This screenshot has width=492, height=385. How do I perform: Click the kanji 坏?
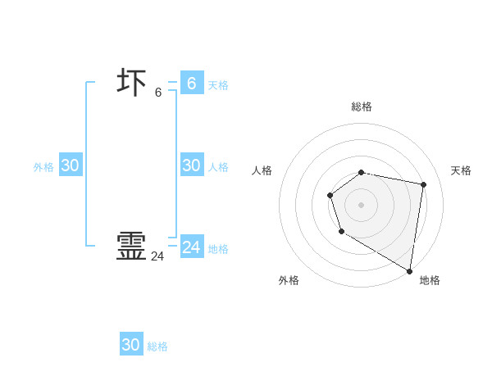(x=131, y=83)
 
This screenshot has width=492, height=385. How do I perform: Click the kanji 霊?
(x=131, y=247)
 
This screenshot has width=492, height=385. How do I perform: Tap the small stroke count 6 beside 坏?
(x=158, y=92)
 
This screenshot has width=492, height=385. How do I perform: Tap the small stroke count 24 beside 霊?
(x=157, y=256)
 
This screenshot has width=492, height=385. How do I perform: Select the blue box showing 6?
(x=192, y=83)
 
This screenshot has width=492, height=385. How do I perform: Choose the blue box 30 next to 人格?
(x=192, y=165)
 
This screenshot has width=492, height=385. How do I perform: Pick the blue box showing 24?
(x=192, y=247)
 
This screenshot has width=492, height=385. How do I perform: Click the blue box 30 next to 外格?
(x=71, y=165)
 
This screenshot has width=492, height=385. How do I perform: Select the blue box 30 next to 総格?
(x=131, y=345)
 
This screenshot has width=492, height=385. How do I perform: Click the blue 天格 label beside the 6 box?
(x=218, y=85)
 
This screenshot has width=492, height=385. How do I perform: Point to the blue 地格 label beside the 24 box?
(x=218, y=249)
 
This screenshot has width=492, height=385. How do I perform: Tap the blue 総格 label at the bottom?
(x=157, y=347)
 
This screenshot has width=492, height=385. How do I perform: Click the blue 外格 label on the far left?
(x=43, y=167)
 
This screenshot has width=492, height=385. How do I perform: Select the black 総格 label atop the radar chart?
(x=362, y=106)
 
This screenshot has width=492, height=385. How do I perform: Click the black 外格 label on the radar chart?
(x=289, y=280)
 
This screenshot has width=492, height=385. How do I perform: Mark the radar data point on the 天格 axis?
(x=423, y=184)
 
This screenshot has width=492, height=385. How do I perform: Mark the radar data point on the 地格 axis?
(x=409, y=270)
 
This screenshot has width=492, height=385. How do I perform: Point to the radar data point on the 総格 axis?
(x=362, y=172)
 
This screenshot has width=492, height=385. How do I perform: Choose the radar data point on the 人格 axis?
(x=330, y=195)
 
